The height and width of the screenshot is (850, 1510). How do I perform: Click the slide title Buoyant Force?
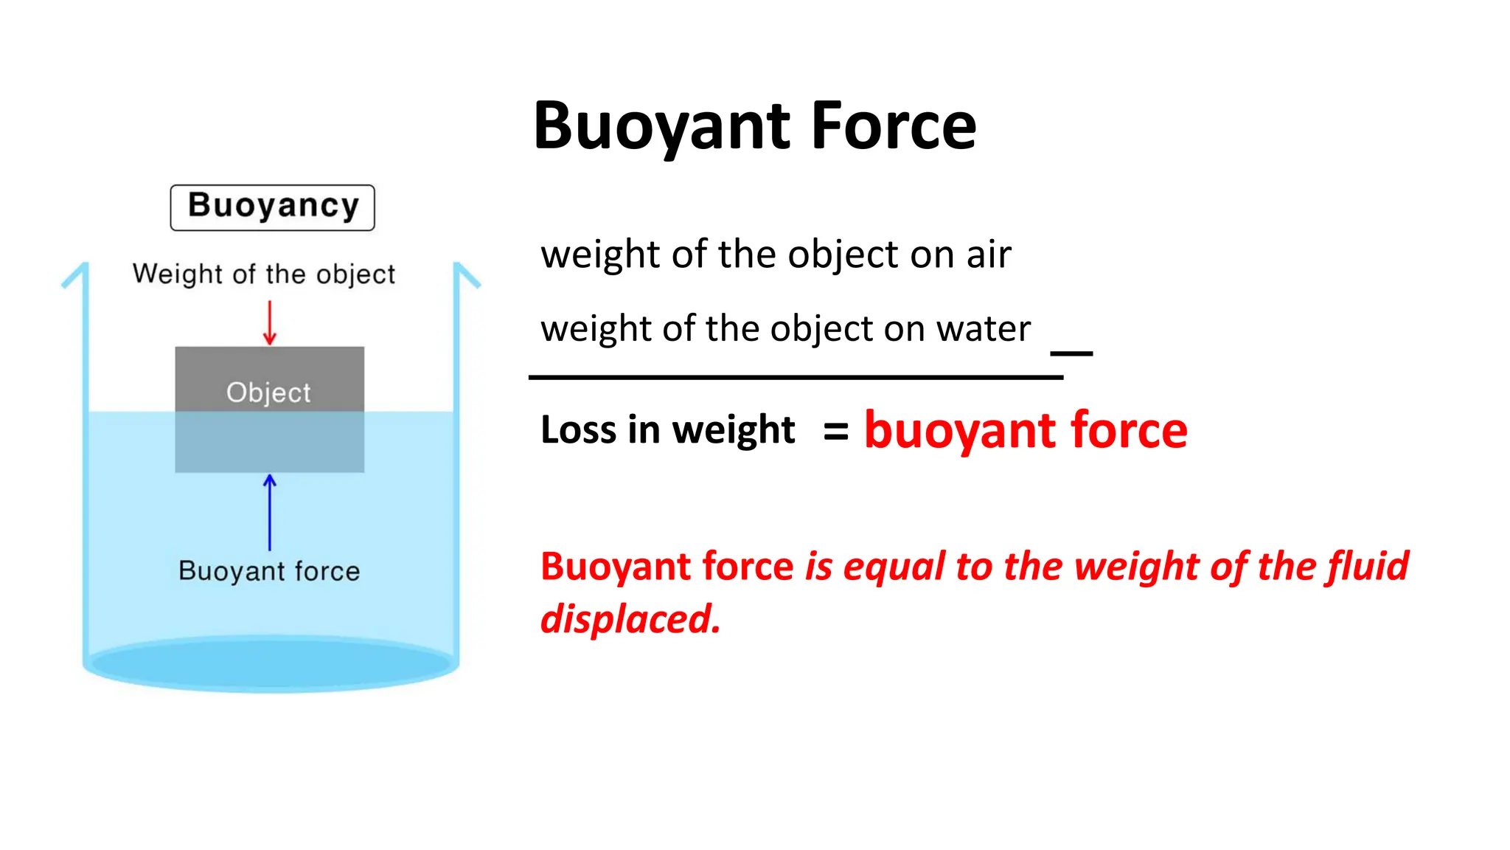pos(754,126)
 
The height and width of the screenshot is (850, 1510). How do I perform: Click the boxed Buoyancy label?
pos(273,207)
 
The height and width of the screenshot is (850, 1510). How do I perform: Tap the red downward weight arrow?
pos(270,323)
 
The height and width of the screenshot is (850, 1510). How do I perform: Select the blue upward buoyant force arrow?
pos(270,512)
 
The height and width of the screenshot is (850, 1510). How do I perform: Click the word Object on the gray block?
pos(268,393)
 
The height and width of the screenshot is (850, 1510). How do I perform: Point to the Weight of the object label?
pos(264,274)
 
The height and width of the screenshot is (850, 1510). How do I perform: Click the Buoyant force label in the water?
pos(269,571)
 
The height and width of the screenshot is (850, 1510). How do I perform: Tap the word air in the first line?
pos(989,255)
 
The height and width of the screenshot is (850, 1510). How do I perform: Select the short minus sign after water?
pos(1071,353)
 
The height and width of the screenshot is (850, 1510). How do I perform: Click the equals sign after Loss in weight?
pos(835,432)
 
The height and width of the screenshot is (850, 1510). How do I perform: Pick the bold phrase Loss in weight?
pos(667,429)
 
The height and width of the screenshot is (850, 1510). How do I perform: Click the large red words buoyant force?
pos(1026,430)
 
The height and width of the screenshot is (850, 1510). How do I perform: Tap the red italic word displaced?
pos(630,618)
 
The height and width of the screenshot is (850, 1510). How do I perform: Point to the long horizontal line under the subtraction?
pos(796,378)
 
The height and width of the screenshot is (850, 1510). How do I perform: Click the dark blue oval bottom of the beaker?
pos(271,663)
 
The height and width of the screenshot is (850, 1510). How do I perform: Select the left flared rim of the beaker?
pos(75,276)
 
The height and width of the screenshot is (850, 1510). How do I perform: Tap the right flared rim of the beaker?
pos(467,275)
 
